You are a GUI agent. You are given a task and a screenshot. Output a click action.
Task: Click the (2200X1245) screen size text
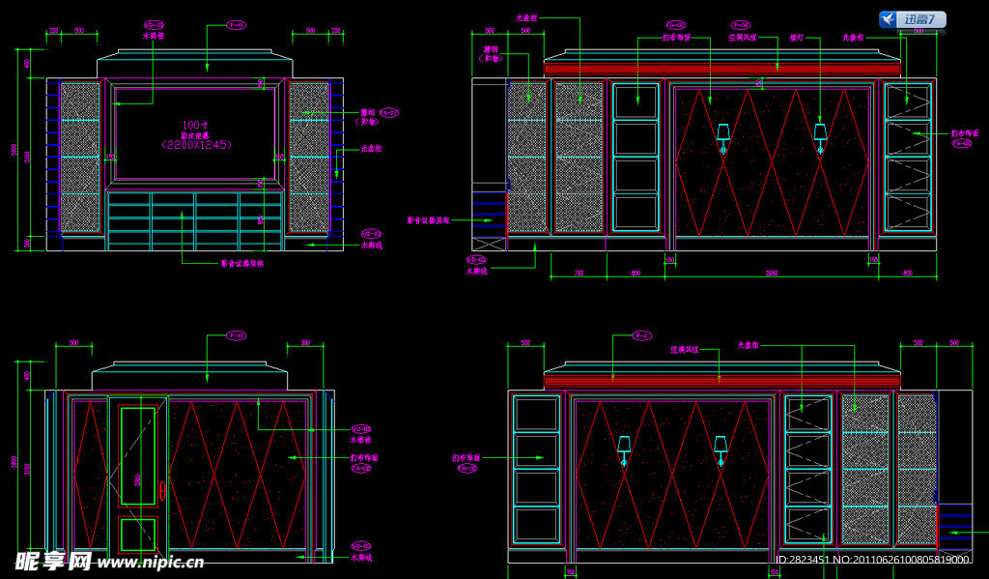pyautogui.click(x=197, y=144)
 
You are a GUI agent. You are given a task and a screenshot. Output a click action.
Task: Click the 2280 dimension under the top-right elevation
pyautogui.click(x=772, y=274)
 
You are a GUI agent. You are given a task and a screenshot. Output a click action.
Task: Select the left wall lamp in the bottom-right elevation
pyautogui.click(x=624, y=447)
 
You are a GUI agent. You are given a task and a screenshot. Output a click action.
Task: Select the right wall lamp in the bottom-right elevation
pyautogui.click(x=720, y=447)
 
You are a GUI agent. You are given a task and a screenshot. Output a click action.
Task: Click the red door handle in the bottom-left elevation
pyautogui.click(x=162, y=492)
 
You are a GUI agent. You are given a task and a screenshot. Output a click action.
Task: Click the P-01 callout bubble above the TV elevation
pyautogui.click(x=236, y=24)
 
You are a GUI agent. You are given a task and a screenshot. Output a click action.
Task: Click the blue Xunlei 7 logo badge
pyautogui.click(x=913, y=19)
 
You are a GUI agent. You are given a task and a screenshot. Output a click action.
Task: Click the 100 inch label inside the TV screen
pyautogui.click(x=196, y=126)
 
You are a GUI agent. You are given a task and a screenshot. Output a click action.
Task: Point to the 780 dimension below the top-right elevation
pyautogui.click(x=579, y=274)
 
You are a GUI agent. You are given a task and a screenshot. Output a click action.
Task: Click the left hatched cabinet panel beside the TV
pyautogui.click(x=80, y=158)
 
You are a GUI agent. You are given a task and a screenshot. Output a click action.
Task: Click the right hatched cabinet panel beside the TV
pyautogui.click(x=309, y=158)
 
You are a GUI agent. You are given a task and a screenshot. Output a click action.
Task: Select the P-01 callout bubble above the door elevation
pyautogui.click(x=236, y=335)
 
